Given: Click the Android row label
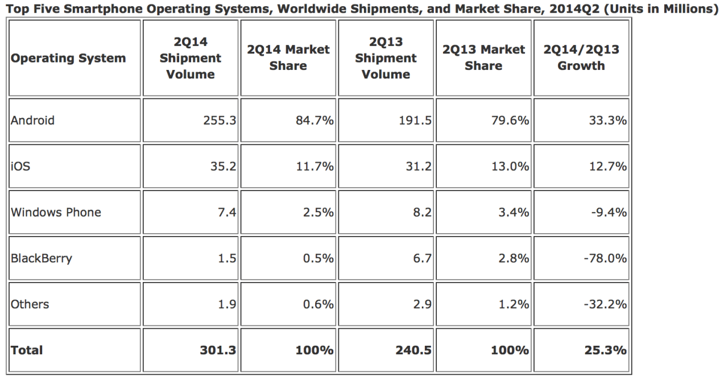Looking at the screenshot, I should (32, 121).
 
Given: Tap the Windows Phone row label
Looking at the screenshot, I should (56, 212).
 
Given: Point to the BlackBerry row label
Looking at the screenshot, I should (42, 258).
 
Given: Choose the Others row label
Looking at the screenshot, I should (30, 304).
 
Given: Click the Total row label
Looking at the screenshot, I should (27, 350).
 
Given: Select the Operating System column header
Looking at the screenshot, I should (68, 58).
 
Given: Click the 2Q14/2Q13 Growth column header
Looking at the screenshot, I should (581, 58).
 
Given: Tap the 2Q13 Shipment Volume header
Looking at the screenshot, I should (386, 58).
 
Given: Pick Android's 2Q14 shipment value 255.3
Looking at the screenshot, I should (220, 121).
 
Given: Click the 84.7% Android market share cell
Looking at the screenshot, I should (315, 121).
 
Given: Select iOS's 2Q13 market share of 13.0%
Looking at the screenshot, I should (510, 167).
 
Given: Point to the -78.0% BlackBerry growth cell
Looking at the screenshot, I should (605, 258).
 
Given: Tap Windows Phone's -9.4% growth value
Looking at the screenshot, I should (609, 212).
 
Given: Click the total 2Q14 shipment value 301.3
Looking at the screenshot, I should (218, 350).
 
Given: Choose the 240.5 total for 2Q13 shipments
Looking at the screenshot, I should (413, 350).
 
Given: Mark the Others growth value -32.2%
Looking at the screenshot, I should (605, 304).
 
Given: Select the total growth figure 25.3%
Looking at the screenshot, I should (606, 350).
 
